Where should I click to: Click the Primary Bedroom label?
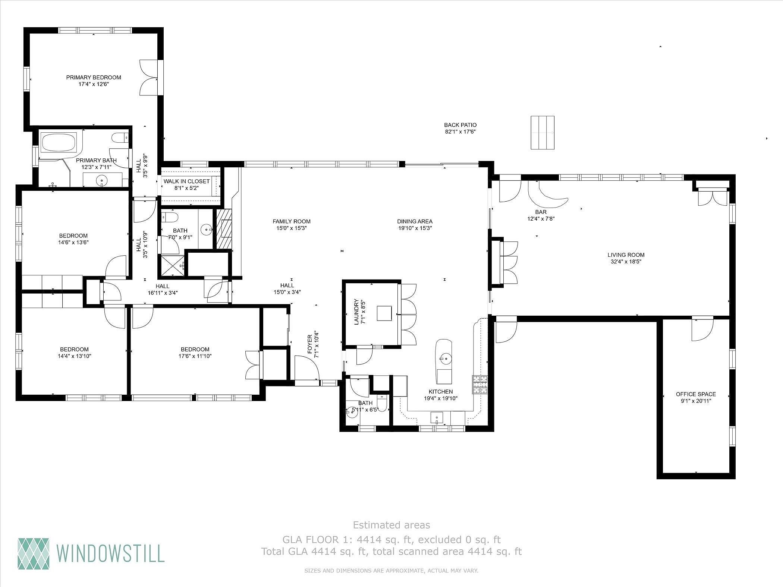94,78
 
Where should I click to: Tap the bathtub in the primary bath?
59,142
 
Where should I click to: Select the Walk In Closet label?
187,182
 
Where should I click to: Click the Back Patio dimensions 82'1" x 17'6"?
460,132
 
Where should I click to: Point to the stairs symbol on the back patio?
543,133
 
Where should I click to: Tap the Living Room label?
626,255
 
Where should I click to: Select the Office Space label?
696,394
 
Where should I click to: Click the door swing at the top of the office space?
702,329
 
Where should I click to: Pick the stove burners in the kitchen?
480,385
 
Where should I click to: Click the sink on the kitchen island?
444,359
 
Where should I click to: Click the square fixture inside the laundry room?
384,313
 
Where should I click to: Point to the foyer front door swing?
306,367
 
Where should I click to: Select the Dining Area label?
415,221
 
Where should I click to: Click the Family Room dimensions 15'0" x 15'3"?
291,228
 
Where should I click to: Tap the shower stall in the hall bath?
172,265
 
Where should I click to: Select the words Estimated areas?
391,525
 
